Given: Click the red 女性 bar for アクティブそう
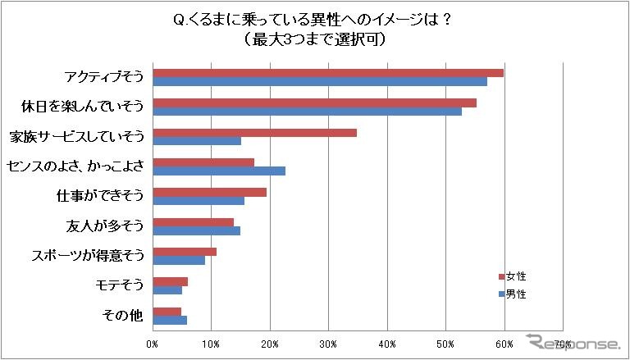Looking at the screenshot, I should click(x=328, y=73).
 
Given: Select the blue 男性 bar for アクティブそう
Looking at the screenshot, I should click(x=320, y=82).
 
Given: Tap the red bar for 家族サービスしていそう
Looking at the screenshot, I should click(x=254, y=132).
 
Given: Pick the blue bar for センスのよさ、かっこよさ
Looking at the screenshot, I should click(x=219, y=171).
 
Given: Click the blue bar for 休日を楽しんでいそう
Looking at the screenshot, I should click(x=307, y=112).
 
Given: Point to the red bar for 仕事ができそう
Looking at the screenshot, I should click(x=209, y=192).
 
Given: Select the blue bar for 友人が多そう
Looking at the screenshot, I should click(x=196, y=230).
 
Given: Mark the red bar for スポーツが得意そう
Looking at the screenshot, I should click(x=185, y=251).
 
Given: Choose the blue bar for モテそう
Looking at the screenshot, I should click(x=167, y=289).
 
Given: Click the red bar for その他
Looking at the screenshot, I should click(x=167, y=311).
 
